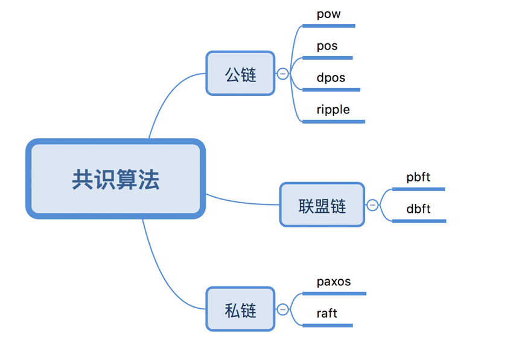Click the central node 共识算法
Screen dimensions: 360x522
point(115,179)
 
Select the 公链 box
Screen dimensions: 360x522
point(240,74)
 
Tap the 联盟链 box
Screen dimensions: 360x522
point(322,205)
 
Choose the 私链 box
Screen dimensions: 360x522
point(240,309)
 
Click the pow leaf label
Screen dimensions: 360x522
point(328,14)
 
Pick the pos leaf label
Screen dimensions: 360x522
point(327,46)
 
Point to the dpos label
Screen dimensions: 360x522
point(331,78)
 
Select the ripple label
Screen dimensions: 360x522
point(333,110)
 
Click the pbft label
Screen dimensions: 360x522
point(418,177)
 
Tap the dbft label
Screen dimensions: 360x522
point(418,209)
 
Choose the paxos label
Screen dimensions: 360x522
point(334,282)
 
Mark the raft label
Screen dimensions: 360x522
point(326,314)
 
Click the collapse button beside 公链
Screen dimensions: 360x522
point(282,74)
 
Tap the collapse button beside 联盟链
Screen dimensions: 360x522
point(372,205)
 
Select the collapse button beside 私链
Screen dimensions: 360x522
point(282,309)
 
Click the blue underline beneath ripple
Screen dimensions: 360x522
point(334,122)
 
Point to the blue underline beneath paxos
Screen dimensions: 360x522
point(334,294)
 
